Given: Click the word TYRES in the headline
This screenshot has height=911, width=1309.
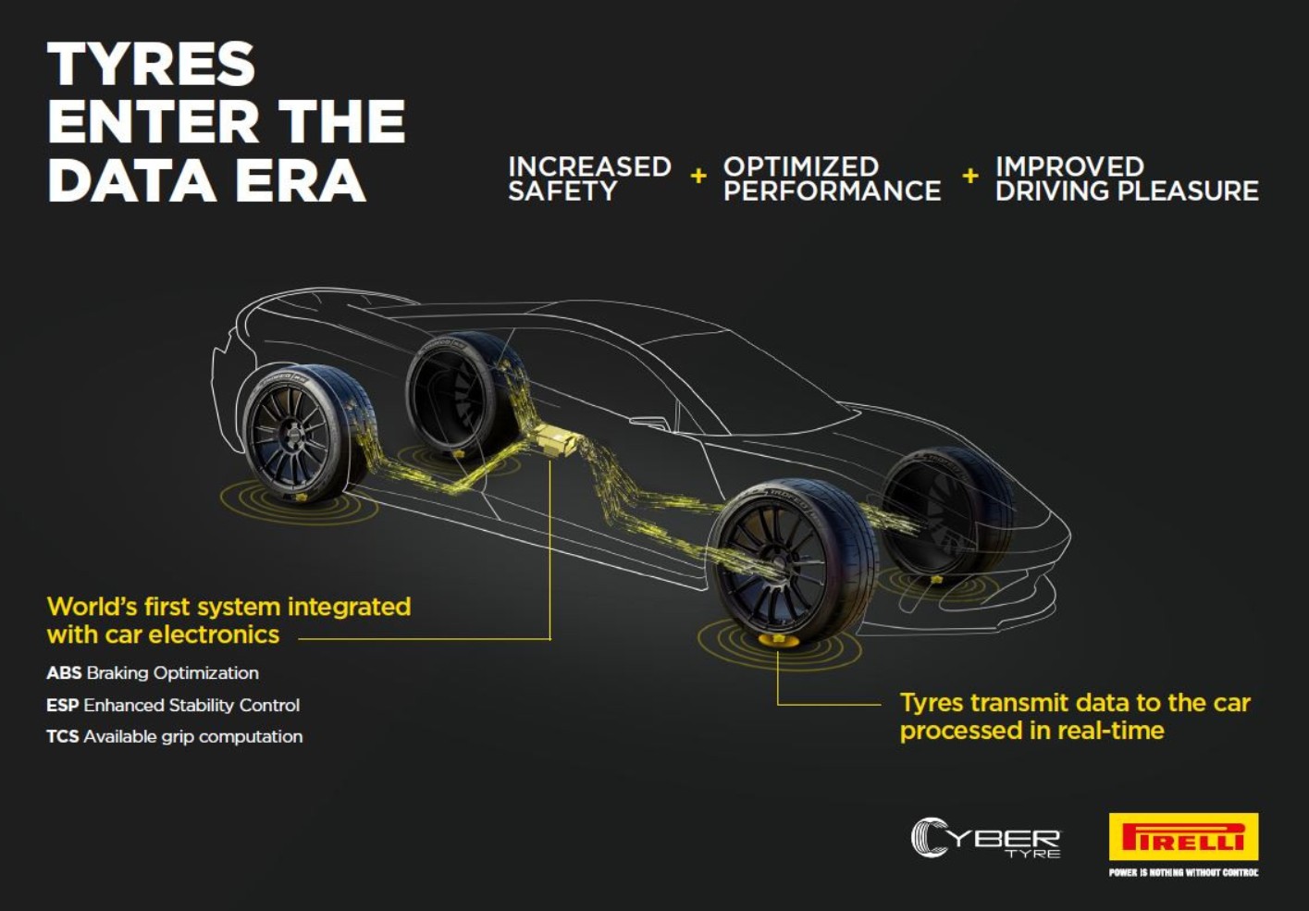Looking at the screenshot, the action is pos(151,64).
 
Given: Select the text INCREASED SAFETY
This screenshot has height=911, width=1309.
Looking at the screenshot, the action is pos(589,179).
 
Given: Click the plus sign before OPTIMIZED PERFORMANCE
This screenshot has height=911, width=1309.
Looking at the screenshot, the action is pos(698,176).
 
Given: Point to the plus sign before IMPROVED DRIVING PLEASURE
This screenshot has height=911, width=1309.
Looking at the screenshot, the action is pos(970,176).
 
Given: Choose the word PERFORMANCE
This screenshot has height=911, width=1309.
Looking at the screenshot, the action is pos(833,191).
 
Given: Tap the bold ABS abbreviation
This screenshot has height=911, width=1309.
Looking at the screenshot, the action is pos(64,672).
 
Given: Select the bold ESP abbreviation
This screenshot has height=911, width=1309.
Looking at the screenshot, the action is pos(63,706).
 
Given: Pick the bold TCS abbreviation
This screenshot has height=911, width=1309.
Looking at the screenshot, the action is pos(63,736).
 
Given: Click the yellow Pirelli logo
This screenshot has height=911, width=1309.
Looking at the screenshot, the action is pos(1184,836).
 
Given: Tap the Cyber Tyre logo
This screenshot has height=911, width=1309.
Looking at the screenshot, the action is pos(986,838).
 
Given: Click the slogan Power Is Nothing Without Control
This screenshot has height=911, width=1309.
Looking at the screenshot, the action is pos(1184,872).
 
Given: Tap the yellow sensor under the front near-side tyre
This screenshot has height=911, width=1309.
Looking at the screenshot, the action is pos(778,641).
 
